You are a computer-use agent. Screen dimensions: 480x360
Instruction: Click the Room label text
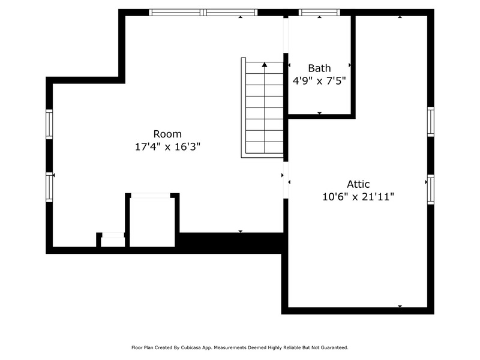[x=167, y=134]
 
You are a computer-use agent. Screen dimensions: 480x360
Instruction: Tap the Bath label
[x=319, y=68]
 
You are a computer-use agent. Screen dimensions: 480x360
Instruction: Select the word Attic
[x=358, y=184]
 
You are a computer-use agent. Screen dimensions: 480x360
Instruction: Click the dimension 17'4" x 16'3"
[x=167, y=147]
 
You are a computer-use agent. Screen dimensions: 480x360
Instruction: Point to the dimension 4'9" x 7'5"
[x=319, y=81]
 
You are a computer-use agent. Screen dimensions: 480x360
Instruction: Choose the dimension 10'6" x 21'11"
[x=358, y=197]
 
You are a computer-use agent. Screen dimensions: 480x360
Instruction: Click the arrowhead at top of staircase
[x=265, y=64]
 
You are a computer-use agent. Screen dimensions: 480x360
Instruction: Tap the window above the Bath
[x=319, y=12]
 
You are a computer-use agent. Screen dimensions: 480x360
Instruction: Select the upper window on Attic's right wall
[x=431, y=122]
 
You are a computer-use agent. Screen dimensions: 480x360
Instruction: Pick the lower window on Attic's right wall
[x=431, y=190]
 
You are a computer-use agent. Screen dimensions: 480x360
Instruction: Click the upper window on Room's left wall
[x=49, y=124]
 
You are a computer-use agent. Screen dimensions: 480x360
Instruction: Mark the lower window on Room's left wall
[x=49, y=187]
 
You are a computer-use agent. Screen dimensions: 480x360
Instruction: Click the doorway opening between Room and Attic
[x=286, y=180]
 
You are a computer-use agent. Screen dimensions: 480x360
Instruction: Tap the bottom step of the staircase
[x=265, y=148]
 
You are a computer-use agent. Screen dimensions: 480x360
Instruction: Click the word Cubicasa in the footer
[x=190, y=347]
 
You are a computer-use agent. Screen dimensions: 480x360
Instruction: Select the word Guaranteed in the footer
[x=335, y=347]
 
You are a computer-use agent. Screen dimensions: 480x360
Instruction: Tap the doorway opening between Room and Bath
[x=286, y=35]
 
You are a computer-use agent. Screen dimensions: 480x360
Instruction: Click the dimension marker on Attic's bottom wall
[x=400, y=306]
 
